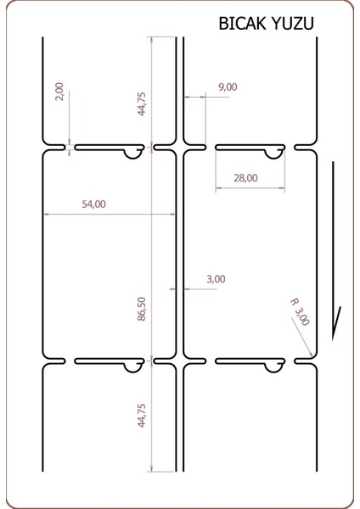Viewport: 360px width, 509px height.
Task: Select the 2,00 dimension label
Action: pos(59,92)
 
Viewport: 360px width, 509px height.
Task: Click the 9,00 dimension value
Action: pos(228,87)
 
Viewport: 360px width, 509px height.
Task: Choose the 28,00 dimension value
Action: pos(245,178)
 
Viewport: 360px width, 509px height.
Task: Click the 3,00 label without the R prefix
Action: pos(216,278)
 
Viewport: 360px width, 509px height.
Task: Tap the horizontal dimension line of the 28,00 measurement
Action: pos(250,187)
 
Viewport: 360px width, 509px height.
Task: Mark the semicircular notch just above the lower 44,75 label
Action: pos(134,366)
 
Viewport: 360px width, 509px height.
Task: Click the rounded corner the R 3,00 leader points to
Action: pos(314,355)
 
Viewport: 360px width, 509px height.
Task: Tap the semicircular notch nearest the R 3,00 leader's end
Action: pos(274,366)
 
